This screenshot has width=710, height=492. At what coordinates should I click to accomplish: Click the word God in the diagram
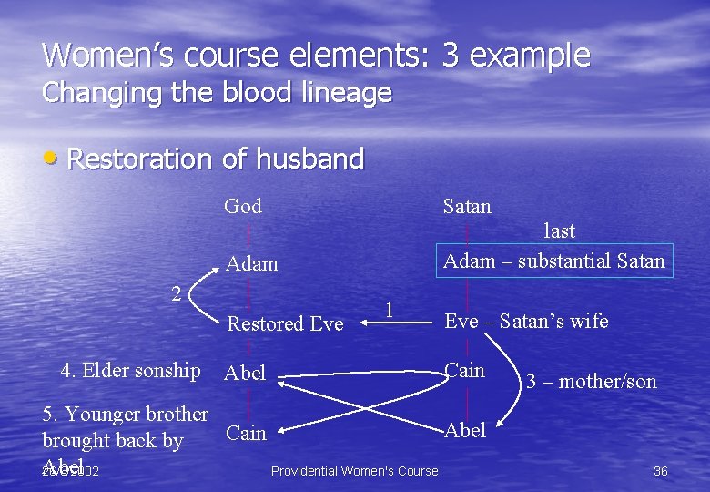(x=243, y=207)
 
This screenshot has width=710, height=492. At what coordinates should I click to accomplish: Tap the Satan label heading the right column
(x=466, y=207)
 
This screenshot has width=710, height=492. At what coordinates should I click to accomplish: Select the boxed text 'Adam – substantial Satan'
(x=554, y=261)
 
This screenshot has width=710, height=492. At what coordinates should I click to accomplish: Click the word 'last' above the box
(x=559, y=231)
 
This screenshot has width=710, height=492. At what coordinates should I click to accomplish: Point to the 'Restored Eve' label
(x=285, y=323)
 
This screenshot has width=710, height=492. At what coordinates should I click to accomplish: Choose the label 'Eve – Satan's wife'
(x=526, y=321)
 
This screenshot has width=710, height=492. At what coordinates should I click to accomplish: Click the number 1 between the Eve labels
(x=389, y=309)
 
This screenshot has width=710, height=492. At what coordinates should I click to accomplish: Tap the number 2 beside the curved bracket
(x=177, y=292)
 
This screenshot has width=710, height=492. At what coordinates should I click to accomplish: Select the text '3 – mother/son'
(x=591, y=382)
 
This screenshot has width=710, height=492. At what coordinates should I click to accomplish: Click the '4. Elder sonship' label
(x=130, y=370)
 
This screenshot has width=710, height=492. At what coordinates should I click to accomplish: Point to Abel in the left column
(x=245, y=373)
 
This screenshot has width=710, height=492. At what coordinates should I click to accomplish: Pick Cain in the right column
(x=464, y=370)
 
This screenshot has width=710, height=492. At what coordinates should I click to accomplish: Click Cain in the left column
(x=246, y=433)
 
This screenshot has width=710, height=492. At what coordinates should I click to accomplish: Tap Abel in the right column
(x=465, y=430)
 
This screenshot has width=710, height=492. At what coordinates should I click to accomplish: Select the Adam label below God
(x=251, y=264)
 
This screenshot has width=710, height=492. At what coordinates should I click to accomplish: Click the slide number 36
(x=661, y=471)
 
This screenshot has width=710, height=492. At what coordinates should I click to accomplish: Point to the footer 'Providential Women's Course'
(x=354, y=471)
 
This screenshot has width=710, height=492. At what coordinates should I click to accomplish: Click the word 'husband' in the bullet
(x=309, y=159)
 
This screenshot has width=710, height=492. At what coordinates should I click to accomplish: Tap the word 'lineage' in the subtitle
(x=350, y=93)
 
